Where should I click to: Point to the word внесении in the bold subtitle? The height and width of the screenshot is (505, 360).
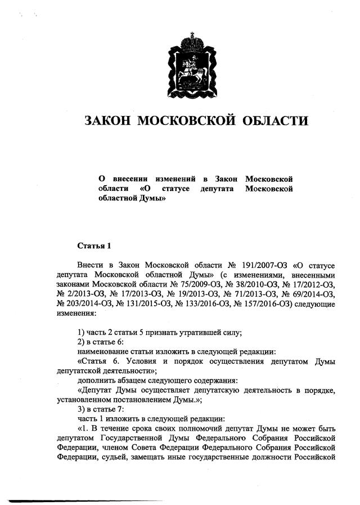pyautogui.click(x=132, y=178)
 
